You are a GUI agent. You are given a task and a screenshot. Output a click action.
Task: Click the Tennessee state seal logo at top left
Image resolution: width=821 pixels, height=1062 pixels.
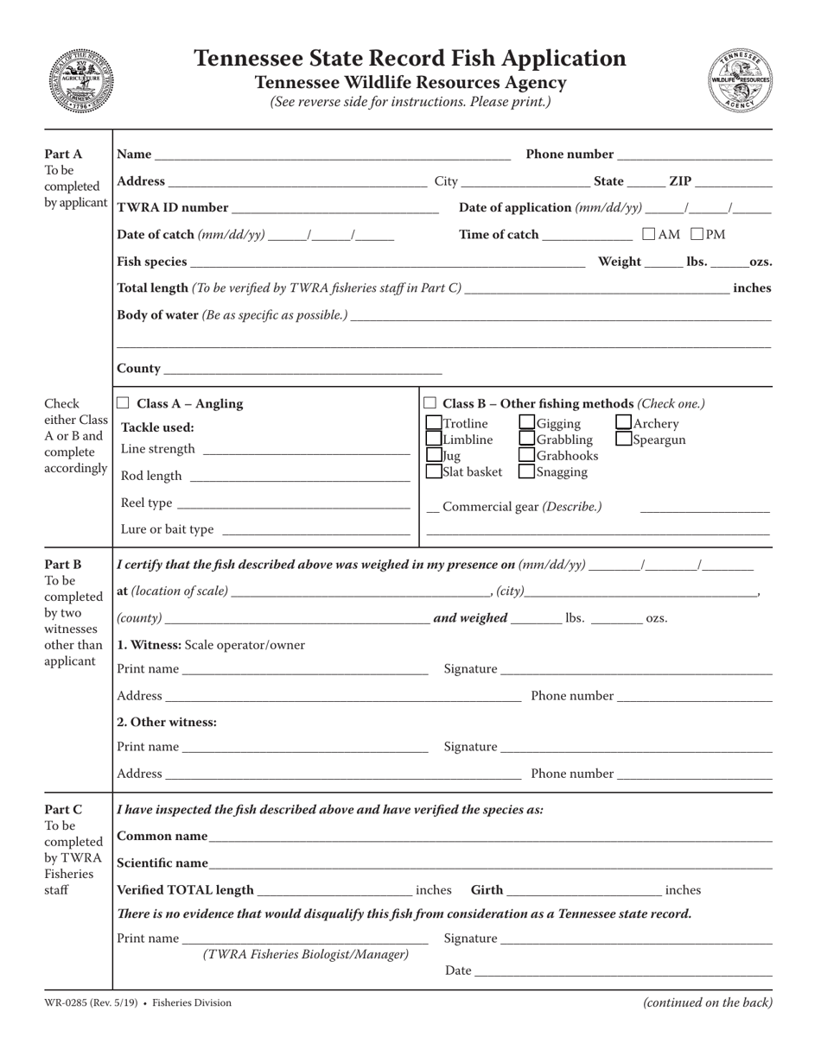tap(80, 80)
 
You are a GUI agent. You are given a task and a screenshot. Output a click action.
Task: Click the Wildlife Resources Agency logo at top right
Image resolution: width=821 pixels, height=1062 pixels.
tap(740, 80)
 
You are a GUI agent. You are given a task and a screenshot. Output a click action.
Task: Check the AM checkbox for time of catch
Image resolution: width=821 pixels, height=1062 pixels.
tap(649, 234)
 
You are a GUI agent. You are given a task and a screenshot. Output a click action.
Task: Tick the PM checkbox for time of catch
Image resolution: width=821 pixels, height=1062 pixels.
tap(697, 234)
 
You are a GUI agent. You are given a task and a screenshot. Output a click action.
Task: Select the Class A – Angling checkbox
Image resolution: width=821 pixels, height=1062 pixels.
tap(123, 403)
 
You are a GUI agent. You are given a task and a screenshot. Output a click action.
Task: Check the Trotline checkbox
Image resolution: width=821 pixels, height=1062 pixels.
tap(434, 423)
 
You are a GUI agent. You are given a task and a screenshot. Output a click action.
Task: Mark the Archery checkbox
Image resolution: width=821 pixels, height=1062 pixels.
tap(624, 423)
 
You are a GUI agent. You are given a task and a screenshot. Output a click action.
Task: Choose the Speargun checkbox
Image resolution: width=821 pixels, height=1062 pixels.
tap(624, 439)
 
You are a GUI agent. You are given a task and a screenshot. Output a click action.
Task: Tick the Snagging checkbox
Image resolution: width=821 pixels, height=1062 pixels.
tap(526, 472)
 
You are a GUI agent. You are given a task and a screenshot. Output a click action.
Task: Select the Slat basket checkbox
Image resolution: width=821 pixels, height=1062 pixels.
tap(434, 472)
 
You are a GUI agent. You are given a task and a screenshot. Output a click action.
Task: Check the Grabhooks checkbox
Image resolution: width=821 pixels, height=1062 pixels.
tap(526, 456)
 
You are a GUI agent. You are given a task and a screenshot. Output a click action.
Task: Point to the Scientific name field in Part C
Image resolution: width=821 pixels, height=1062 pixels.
tap(490, 865)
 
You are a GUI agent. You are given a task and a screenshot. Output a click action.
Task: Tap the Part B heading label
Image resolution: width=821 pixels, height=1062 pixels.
tap(63, 565)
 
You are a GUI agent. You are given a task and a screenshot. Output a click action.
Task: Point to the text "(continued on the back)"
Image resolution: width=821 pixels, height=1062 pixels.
tap(708, 1003)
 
